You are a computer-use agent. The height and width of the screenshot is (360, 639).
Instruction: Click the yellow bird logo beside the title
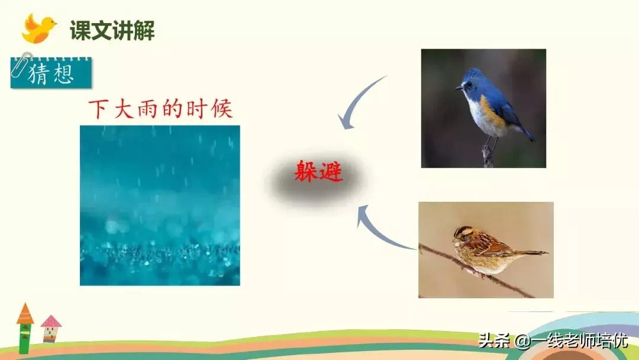pyautogui.click(x=39, y=29)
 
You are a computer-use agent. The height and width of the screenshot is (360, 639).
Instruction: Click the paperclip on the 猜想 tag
pyautogui.click(x=24, y=63)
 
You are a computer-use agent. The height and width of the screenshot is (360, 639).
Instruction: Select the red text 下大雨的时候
pyautogui.click(x=160, y=109)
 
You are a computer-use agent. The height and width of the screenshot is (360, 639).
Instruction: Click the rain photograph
pyautogui.click(x=160, y=205)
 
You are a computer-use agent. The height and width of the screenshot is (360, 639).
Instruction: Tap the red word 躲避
pyautogui.click(x=318, y=172)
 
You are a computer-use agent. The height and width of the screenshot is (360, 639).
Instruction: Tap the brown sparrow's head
pyautogui.click(x=464, y=234)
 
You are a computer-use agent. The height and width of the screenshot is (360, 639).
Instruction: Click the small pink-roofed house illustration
pyautogui.click(x=51, y=329)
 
